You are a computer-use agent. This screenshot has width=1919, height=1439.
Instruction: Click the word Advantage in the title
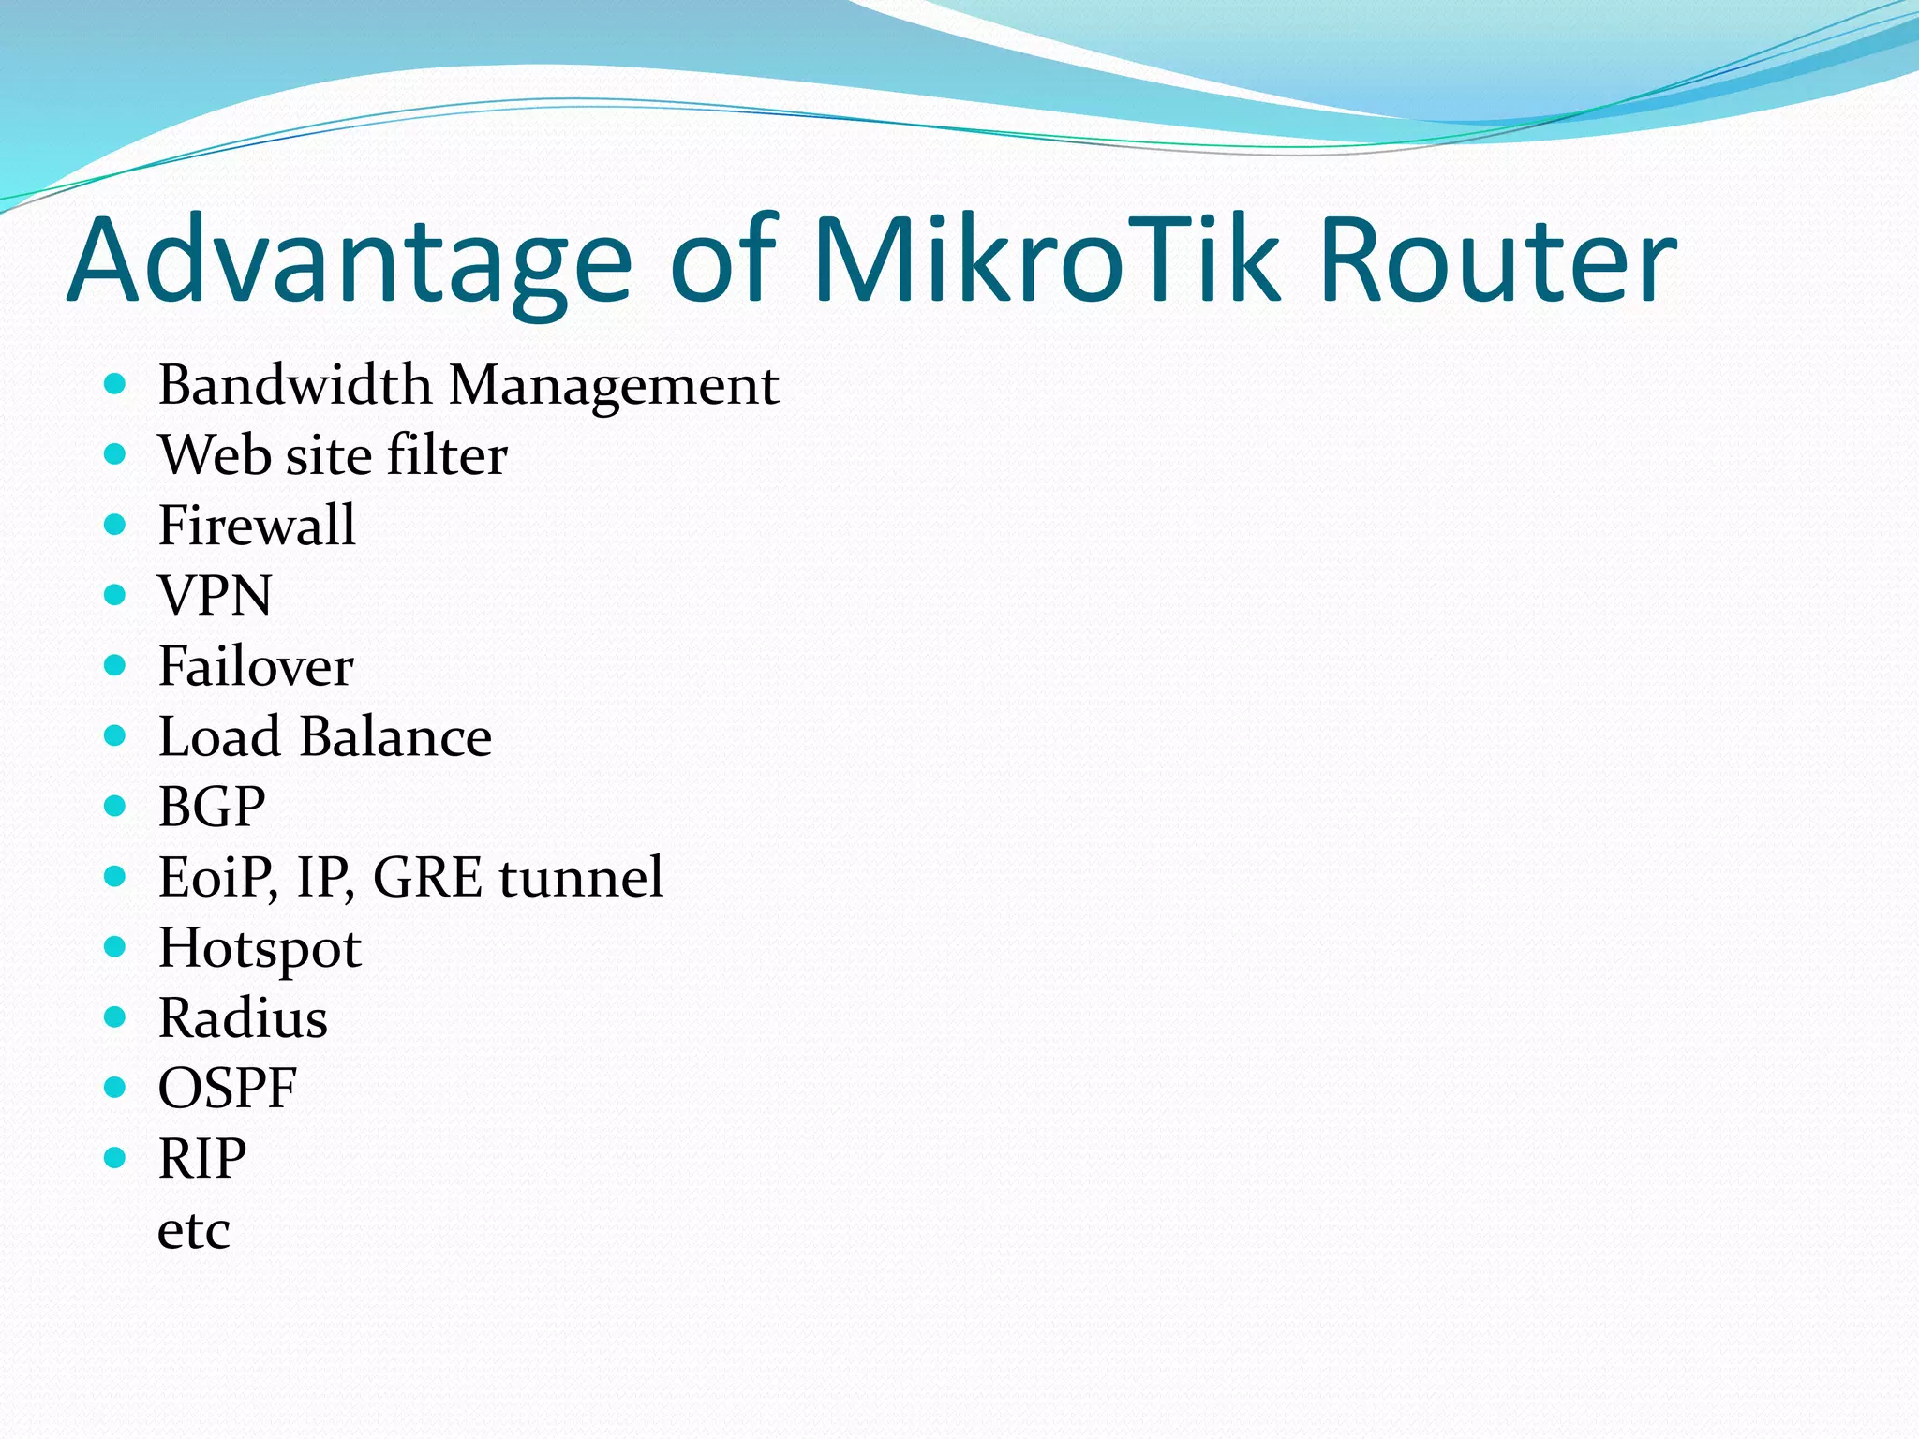tap(350, 260)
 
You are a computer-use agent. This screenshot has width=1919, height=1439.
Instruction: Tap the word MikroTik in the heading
tap(1046, 260)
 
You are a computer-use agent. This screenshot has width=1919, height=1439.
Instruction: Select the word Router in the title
tap(1496, 260)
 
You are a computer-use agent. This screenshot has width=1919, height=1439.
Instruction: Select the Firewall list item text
tap(257, 525)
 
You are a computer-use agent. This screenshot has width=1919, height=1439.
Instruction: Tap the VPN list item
tap(215, 595)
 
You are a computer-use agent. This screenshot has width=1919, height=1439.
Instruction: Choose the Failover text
tap(255, 666)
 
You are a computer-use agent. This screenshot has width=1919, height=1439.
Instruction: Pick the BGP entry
tap(212, 807)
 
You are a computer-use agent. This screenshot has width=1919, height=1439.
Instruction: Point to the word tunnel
tap(581, 878)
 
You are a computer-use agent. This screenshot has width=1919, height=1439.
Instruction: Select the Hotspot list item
tap(260, 949)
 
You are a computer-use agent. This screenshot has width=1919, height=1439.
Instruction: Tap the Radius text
tap(243, 1018)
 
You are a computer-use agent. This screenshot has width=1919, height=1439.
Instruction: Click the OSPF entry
tap(227, 1089)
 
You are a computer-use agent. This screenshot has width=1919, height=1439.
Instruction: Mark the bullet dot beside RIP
tap(114, 1158)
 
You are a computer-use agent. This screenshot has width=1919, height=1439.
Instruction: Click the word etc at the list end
tap(193, 1230)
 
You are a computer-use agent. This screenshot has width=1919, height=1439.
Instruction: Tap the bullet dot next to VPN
tap(114, 594)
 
